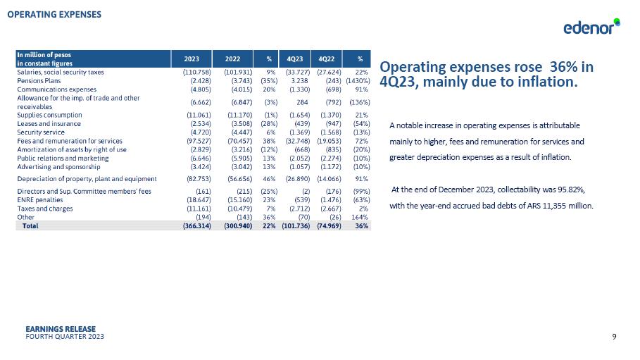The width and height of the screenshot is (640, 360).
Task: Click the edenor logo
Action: [x=591, y=27]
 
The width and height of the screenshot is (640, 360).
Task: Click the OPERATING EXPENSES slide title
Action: [x=54, y=14]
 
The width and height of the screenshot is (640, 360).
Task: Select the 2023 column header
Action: [x=191, y=58]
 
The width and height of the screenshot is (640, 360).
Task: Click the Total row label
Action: [x=30, y=226]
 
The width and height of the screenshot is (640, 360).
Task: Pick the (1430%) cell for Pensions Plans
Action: [x=358, y=81]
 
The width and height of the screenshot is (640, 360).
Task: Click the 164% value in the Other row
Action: [x=360, y=217]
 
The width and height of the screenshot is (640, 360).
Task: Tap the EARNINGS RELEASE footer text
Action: [x=60, y=329]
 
